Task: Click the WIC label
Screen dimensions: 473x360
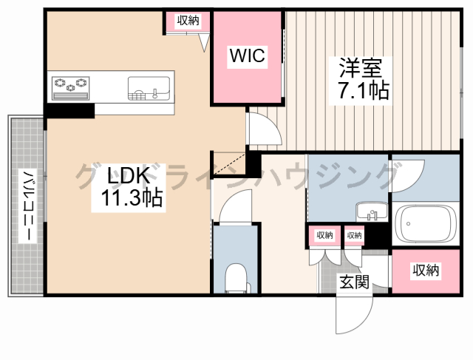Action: coord(248,55)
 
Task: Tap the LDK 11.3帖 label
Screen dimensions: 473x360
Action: coord(129,187)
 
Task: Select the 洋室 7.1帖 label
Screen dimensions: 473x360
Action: coord(361,79)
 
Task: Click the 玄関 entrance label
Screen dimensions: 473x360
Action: coord(355,282)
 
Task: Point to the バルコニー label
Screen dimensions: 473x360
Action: coord(28,206)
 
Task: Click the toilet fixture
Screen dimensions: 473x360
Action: coord(237,279)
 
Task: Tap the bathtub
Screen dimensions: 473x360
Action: coord(426,223)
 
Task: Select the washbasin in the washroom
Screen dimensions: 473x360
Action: coord(372,211)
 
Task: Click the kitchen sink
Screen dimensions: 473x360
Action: coord(149,88)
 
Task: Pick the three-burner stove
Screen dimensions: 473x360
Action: coord(71,88)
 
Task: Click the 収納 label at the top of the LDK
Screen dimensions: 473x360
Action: coord(188,21)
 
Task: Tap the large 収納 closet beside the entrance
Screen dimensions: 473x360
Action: coord(426,271)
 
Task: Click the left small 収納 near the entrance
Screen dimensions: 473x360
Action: coord(324,235)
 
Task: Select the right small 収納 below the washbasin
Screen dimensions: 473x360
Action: coord(354,235)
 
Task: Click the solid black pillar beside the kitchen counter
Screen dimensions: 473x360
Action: coord(70,110)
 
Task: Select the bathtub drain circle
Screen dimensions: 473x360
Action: coord(408,223)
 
